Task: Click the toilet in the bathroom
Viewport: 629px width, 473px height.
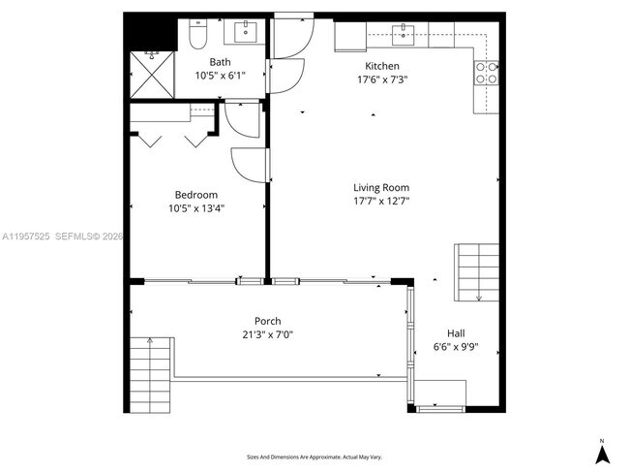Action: [x=196, y=35]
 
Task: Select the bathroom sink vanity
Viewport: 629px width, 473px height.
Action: [x=241, y=32]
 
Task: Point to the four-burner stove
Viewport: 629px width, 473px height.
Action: [x=486, y=73]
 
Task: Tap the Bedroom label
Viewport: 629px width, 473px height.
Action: [x=195, y=194]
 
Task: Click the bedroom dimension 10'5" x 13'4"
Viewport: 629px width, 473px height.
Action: [x=195, y=207]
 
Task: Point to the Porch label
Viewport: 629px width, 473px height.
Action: [x=268, y=321]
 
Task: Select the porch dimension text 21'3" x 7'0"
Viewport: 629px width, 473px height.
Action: [x=268, y=334]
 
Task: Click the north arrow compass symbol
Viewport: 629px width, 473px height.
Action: [x=601, y=451]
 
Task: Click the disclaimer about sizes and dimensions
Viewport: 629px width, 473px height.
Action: [x=314, y=457]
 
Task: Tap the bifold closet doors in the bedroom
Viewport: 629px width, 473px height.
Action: [x=171, y=140]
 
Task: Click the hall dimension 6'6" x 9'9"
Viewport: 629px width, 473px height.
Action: [x=455, y=346]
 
